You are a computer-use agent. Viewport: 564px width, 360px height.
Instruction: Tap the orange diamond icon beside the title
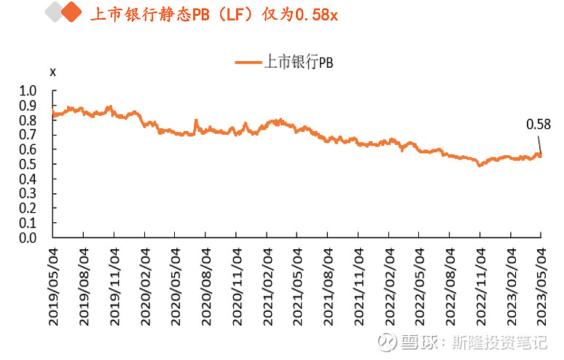(x=70, y=13)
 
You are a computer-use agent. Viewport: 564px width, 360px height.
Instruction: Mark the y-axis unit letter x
(x=52, y=71)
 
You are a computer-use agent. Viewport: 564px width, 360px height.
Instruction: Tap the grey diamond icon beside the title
(x=52, y=13)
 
